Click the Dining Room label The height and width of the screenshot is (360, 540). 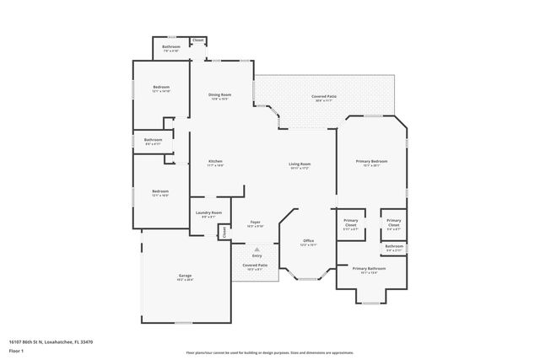pos(219,95)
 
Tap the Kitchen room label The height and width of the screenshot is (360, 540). pos(215,161)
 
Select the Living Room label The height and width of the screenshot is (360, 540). pos(300,164)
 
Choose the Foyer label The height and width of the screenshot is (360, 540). pos(254,223)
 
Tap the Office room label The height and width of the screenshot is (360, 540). pos(309,241)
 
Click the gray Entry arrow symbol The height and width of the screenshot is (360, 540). pos(256,249)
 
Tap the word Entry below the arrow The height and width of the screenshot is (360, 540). pos(256,255)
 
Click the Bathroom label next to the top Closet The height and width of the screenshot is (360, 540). pos(171,47)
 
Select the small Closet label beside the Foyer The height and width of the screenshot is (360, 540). pos(224,232)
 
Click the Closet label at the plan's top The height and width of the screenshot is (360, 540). pos(198,40)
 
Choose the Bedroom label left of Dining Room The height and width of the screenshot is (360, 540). pos(160,88)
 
